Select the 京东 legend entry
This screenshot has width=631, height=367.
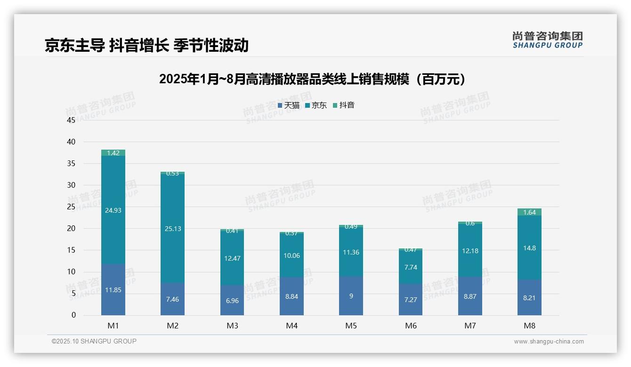(x=316, y=105)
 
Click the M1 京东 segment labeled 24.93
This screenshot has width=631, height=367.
(x=113, y=210)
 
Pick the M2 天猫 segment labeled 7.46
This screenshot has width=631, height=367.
(x=172, y=299)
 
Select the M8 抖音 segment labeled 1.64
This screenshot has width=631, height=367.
(x=529, y=212)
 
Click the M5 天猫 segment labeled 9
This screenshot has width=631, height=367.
(x=351, y=296)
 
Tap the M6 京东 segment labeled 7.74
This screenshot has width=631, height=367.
(x=410, y=267)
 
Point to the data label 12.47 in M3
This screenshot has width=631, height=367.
(x=232, y=258)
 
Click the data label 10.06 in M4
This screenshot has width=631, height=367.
(x=291, y=255)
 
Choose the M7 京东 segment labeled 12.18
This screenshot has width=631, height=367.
(x=470, y=251)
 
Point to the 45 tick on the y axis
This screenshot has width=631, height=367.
(x=71, y=120)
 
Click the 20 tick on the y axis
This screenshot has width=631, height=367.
(x=71, y=229)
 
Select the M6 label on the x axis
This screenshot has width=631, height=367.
(x=411, y=326)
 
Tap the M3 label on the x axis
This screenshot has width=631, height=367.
(x=232, y=326)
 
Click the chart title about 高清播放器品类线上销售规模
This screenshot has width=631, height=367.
(x=313, y=79)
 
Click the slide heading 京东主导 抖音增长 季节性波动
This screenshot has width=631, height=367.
(x=146, y=45)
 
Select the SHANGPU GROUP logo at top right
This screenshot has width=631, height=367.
(x=547, y=40)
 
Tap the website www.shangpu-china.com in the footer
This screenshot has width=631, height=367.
(x=549, y=342)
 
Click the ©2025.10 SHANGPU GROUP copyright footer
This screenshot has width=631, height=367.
(x=94, y=341)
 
